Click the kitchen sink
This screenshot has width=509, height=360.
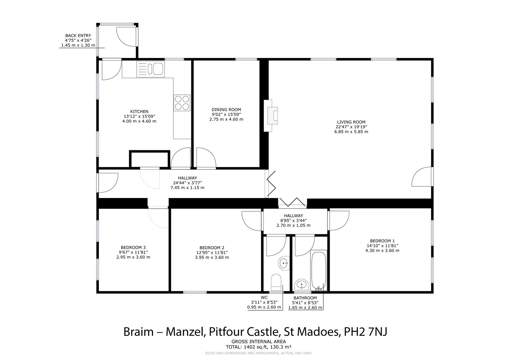click(150, 69)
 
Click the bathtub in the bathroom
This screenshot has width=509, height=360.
click(319, 271)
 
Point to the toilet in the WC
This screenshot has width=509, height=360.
click(276, 282)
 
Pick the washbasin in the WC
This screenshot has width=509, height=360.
click(284, 263)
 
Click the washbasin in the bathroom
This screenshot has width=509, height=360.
click(302, 285)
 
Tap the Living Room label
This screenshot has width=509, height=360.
click(351, 122)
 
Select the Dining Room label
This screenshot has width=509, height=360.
click(226, 110)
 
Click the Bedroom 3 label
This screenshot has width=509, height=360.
click(133, 247)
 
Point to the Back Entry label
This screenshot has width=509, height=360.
click(78, 36)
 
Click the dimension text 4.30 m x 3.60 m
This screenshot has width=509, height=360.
click(382, 250)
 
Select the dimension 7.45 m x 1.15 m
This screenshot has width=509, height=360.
click(187, 188)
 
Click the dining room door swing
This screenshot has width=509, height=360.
click(206, 158)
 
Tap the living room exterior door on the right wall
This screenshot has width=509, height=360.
click(422, 177)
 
